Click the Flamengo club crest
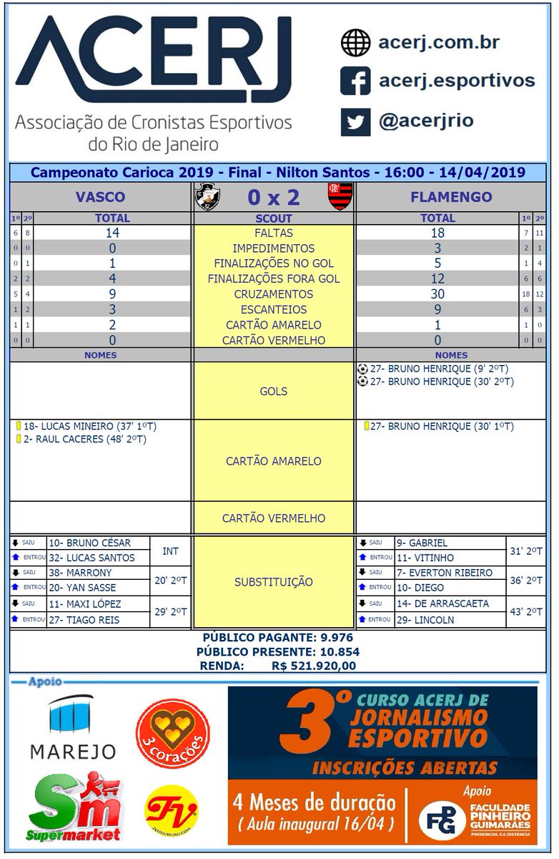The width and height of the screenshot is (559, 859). [340, 197]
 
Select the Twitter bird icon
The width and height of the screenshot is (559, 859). [355, 121]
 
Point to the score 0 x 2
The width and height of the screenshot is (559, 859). [273, 197]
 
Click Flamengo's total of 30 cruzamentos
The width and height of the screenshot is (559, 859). [437, 294]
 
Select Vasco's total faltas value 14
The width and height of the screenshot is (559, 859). [112, 233]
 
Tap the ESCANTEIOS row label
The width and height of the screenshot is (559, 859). [274, 310]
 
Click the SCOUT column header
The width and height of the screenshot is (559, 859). [274, 218]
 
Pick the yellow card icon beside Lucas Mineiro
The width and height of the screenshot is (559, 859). [19, 426]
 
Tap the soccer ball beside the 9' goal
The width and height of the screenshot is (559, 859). [362, 369]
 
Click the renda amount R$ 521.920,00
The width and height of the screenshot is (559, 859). [314, 666]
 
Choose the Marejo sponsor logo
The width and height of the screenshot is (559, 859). [72, 728]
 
